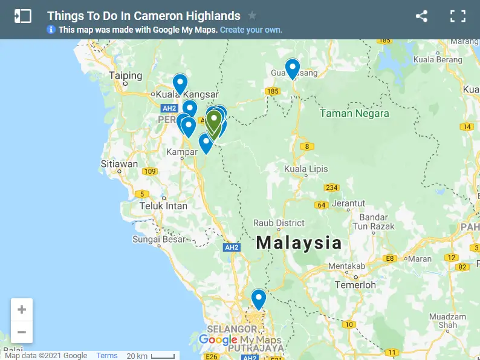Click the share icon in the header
tap(421, 16)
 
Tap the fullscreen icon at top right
tap(458, 16)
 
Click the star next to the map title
tap(252, 16)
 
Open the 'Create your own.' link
tap(251, 30)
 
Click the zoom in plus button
tap(22, 310)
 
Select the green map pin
tap(214, 121)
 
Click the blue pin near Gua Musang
tap(293, 68)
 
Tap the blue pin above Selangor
tap(259, 299)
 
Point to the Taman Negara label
tap(354, 113)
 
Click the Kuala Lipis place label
tap(306, 169)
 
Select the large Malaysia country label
tap(299, 243)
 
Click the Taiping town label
tap(126, 76)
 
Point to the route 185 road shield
tap(273, 91)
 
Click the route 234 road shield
tap(331, 188)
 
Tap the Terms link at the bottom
tap(107, 356)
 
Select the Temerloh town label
tap(355, 284)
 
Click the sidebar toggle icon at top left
tap(22, 16)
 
